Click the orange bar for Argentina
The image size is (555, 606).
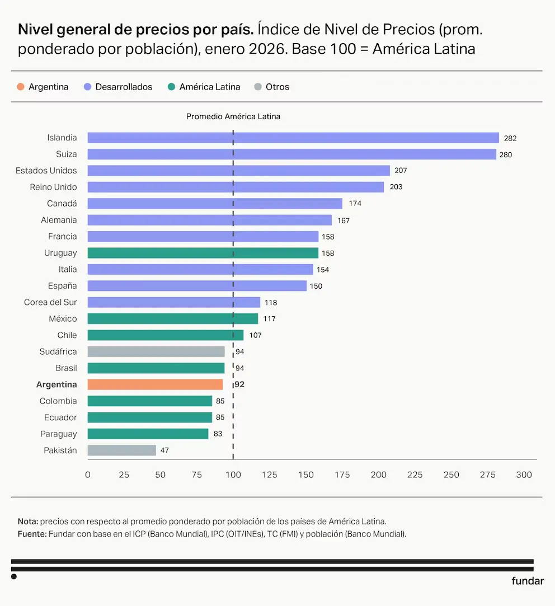155,384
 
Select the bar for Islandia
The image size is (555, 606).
293,138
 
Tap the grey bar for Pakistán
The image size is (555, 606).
122,450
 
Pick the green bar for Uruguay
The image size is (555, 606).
203,253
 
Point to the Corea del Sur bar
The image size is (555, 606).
174,302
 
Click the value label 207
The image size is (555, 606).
401,171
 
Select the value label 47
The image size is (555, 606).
164,450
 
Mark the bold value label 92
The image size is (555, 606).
239,384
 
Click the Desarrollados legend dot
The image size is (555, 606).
87,87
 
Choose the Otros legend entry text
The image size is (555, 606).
277,87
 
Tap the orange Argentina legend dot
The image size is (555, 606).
21,87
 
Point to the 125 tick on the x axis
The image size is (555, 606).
270,475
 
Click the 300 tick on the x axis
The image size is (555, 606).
524,475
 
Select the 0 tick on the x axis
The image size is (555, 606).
88,475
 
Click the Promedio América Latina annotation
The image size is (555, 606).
233,117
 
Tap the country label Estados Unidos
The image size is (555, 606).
46,171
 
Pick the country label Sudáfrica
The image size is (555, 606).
58,351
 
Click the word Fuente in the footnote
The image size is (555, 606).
32,534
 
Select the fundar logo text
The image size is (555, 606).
528,581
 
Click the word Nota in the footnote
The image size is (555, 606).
27,520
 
